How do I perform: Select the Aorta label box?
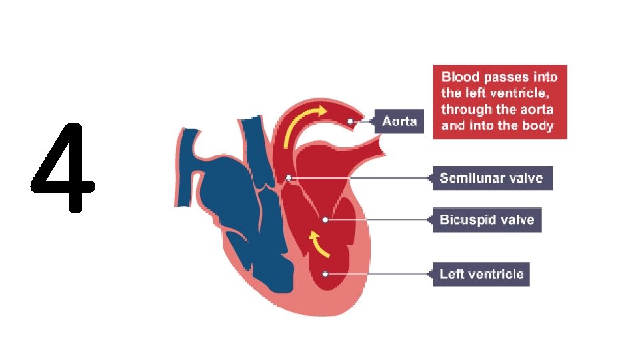pyautogui.click(x=399, y=121)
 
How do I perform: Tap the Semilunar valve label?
pyautogui.click(x=492, y=178)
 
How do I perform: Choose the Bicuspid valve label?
pyautogui.click(x=487, y=220)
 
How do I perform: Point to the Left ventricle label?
pyautogui.click(x=481, y=274)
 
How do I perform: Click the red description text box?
pyautogui.click(x=499, y=101)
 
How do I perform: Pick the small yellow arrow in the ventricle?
pyautogui.click(x=318, y=244)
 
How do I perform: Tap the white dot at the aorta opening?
pyautogui.click(x=351, y=121)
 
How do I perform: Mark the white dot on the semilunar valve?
pyautogui.click(x=289, y=178)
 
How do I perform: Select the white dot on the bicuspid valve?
pyautogui.click(x=325, y=219)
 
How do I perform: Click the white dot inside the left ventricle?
pyautogui.click(x=325, y=273)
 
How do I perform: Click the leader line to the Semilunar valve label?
pyautogui.click(x=360, y=178)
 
